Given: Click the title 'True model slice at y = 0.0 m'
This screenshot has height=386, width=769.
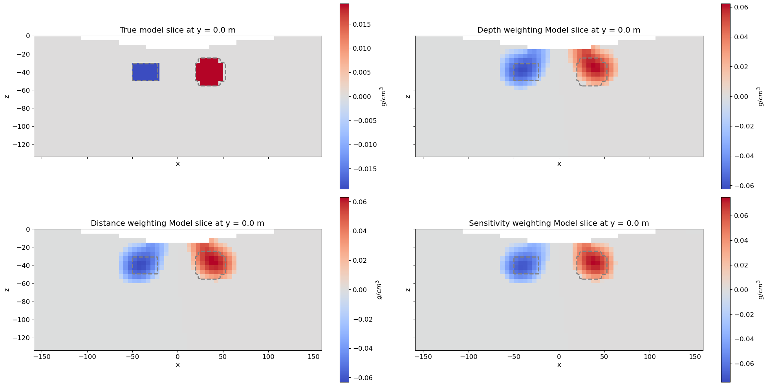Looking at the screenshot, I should click(x=178, y=30).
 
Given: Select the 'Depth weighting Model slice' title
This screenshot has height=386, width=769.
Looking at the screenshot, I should click(x=558, y=30).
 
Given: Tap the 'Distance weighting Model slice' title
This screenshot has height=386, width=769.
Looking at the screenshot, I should click(x=178, y=223).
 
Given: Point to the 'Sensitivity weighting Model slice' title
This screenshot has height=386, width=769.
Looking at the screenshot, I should click(x=558, y=223).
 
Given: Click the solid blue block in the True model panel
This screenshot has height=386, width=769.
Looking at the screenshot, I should click(x=146, y=72).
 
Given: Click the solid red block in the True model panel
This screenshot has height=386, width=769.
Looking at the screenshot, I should click(x=209, y=72).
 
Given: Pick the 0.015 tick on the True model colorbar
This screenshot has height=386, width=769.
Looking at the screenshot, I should click(x=363, y=24).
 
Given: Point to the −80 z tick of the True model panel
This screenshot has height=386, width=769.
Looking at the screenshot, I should click(x=22, y=108).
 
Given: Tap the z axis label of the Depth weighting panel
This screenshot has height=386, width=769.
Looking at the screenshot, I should click(x=408, y=96).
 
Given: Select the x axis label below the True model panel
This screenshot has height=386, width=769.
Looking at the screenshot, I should click(x=178, y=164).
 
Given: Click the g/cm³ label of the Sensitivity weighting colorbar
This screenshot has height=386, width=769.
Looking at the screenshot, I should click(x=760, y=290).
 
